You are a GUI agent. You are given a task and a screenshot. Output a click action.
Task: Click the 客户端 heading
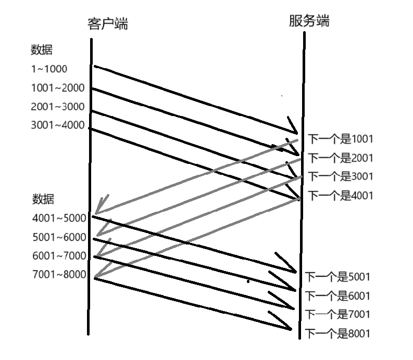[108, 24]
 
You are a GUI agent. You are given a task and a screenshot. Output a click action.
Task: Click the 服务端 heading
[310, 21]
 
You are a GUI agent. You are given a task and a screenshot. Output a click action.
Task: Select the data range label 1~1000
[49, 69]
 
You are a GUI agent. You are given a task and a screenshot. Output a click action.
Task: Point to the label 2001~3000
[57, 107]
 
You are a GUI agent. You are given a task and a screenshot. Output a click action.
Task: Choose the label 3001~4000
[57, 125]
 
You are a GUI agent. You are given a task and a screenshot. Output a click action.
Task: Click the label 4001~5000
[59, 218]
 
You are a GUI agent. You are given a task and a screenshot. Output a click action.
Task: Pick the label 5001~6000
[59, 237]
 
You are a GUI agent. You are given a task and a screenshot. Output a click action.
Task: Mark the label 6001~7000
[59, 256]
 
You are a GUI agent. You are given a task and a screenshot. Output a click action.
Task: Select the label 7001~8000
[59, 275]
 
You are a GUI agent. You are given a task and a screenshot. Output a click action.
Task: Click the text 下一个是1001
[341, 139]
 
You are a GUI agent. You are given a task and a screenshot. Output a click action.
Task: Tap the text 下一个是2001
[341, 158]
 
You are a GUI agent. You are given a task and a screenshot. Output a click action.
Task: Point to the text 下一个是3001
[341, 176]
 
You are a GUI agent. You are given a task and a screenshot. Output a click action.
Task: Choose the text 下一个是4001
[341, 196]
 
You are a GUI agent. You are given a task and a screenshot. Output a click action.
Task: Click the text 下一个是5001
[337, 277]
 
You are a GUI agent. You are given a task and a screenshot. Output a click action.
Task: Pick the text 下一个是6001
[337, 295]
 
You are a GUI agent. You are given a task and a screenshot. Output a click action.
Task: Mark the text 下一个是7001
[337, 314]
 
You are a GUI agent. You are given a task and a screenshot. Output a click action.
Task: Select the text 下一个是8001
[337, 333]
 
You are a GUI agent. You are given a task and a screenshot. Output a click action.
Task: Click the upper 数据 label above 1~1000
[42, 50]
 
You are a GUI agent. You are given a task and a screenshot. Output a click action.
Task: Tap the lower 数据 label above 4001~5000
[43, 199]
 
